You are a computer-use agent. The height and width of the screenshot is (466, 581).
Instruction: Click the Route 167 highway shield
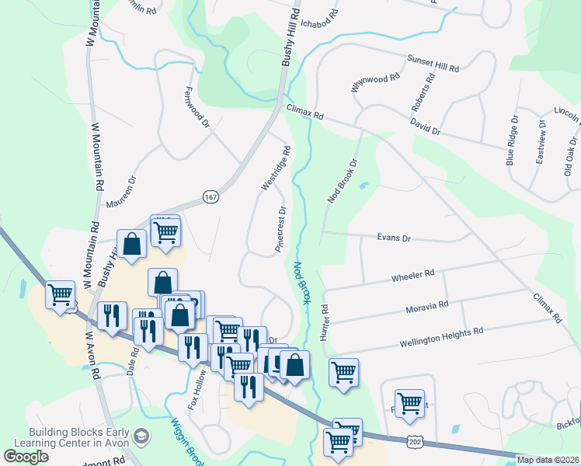[210, 197]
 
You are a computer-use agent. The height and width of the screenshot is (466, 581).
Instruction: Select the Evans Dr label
[394, 238]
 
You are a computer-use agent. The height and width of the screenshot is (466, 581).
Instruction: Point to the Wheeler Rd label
[412, 276]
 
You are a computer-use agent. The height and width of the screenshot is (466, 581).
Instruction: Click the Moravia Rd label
[427, 307]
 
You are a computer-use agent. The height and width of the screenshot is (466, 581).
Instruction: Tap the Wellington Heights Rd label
[441, 336]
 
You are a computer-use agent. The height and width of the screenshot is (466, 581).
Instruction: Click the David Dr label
[426, 127]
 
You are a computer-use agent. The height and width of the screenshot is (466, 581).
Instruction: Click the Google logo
[26, 456]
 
